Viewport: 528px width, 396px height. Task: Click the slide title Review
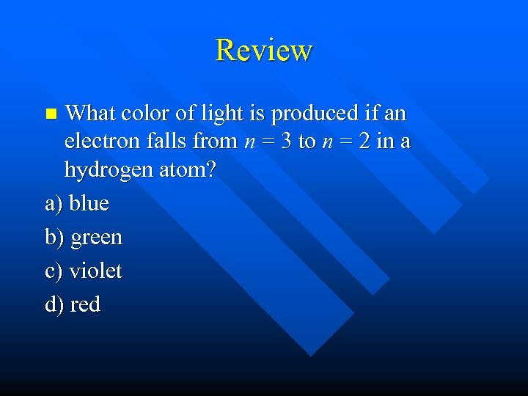(264, 50)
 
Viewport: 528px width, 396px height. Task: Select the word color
(144, 114)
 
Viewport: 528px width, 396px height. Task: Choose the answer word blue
(89, 203)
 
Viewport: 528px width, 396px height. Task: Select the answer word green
(95, 238)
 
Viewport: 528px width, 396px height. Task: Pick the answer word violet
(95, 271)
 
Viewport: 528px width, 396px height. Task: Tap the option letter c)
(54, 271)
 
